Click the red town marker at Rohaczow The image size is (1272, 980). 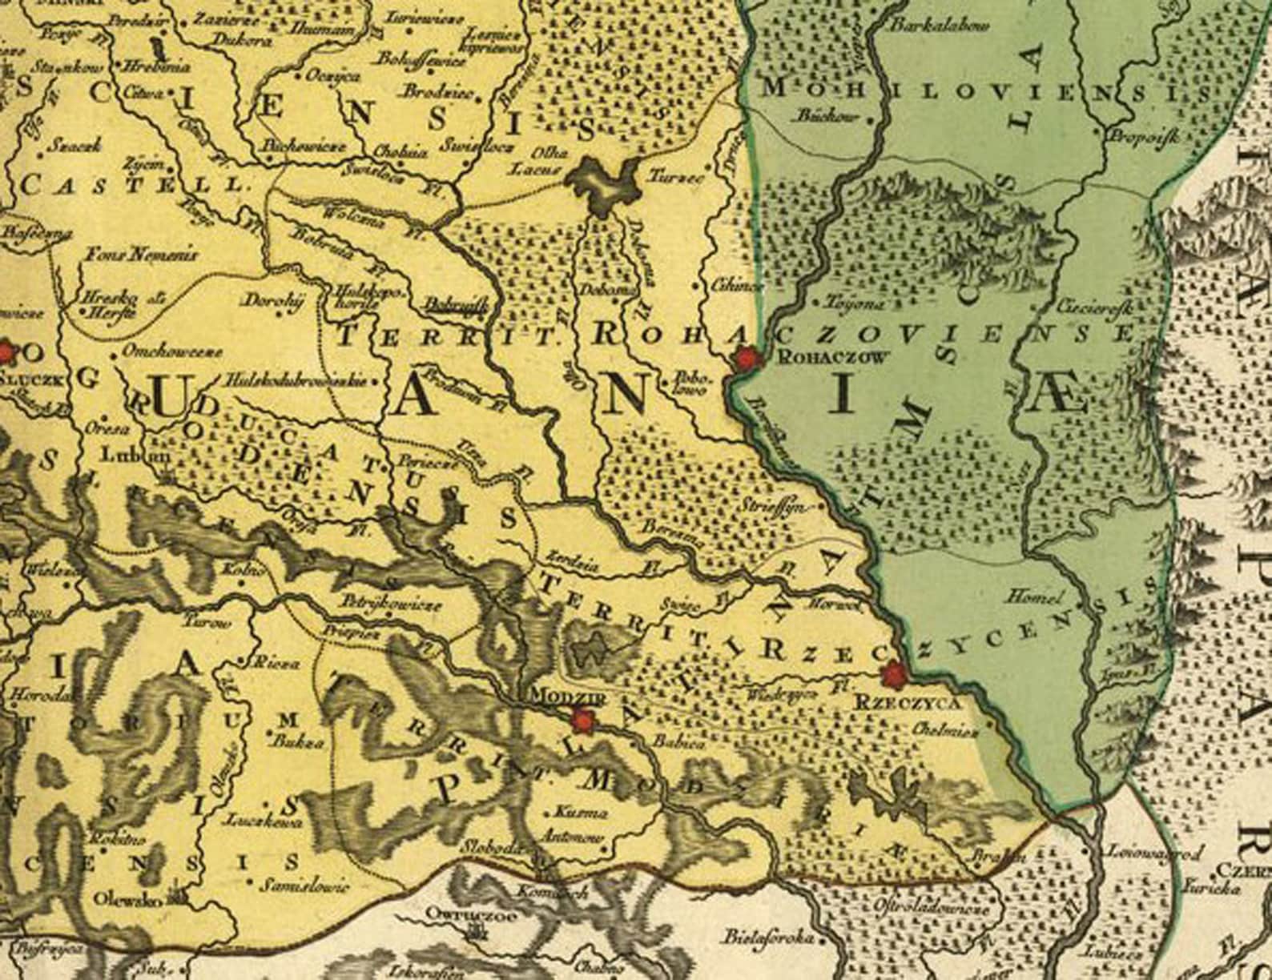(x=747, y=359)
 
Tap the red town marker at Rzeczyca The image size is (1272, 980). (x=892, y=675)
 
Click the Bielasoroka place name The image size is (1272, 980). (x=770, y=936)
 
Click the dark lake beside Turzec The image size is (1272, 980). (x=606, y=183)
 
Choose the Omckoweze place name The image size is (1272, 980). (x=171, y=351)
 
